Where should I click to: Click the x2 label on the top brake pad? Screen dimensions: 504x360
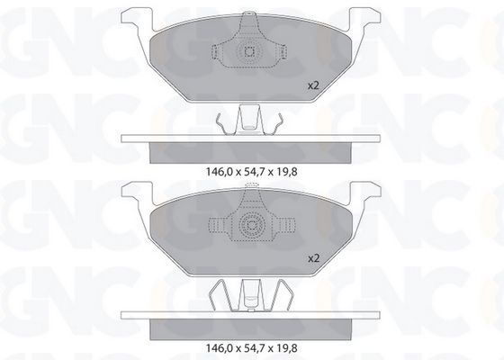coord(313,85)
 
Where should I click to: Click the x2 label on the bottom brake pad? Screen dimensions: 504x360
coord(313,258)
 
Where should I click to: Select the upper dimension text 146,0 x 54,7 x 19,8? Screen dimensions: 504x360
coord(251,172)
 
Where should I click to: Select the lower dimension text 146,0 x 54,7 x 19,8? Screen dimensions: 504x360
coord(251,347)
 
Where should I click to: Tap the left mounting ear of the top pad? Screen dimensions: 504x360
coord(136,19)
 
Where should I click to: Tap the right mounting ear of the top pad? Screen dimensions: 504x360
coord(365,19)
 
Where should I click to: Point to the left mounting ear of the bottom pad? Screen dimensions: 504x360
coord(136,193)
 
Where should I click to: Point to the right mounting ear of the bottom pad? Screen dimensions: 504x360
coord(365,193)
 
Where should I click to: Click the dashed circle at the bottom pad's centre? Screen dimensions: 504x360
coord(251,224)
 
